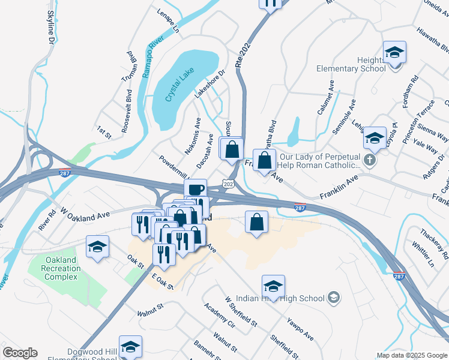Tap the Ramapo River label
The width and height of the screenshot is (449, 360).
coord(146,61)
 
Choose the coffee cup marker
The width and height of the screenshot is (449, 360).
coord(195,190)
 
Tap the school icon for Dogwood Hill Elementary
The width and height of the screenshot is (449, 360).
coord(130,346)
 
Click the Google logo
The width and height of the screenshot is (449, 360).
coord(20,352)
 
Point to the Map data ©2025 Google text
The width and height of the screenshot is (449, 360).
coord(411,355)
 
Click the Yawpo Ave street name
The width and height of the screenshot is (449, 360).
coord(300,329)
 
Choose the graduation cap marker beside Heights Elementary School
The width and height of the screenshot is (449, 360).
coord(394,53)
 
